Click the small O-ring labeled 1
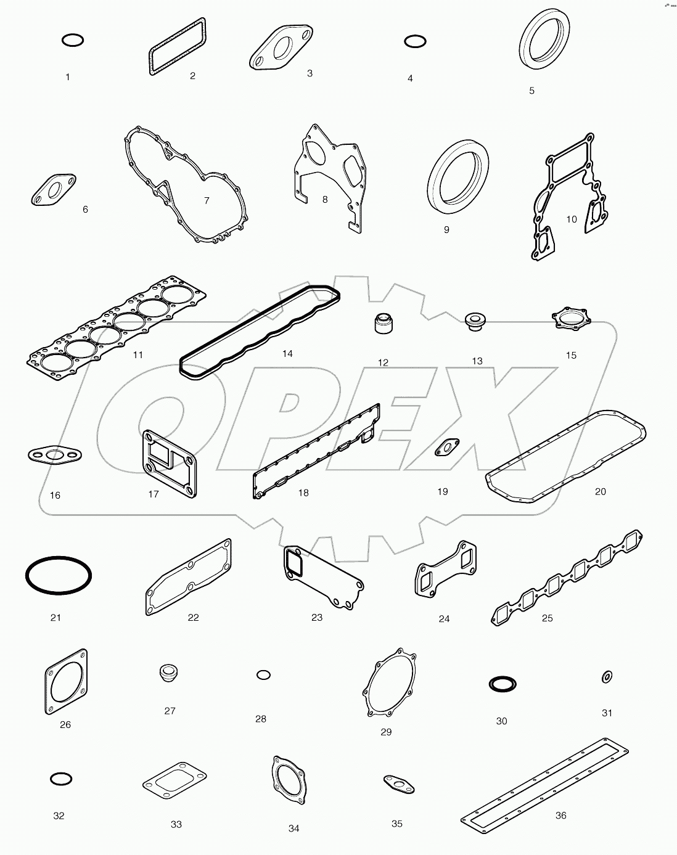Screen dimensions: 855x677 pos(73,41)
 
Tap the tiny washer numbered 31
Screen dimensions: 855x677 pos(606,677)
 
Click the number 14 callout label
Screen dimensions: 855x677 pos(287,354)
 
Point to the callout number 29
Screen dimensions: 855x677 pos(386,732)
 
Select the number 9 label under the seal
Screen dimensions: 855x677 pos(446,229)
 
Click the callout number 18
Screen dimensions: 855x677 pos(303,493)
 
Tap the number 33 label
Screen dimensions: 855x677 pos(176,824)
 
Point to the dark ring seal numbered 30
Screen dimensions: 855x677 pos(502,684)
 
